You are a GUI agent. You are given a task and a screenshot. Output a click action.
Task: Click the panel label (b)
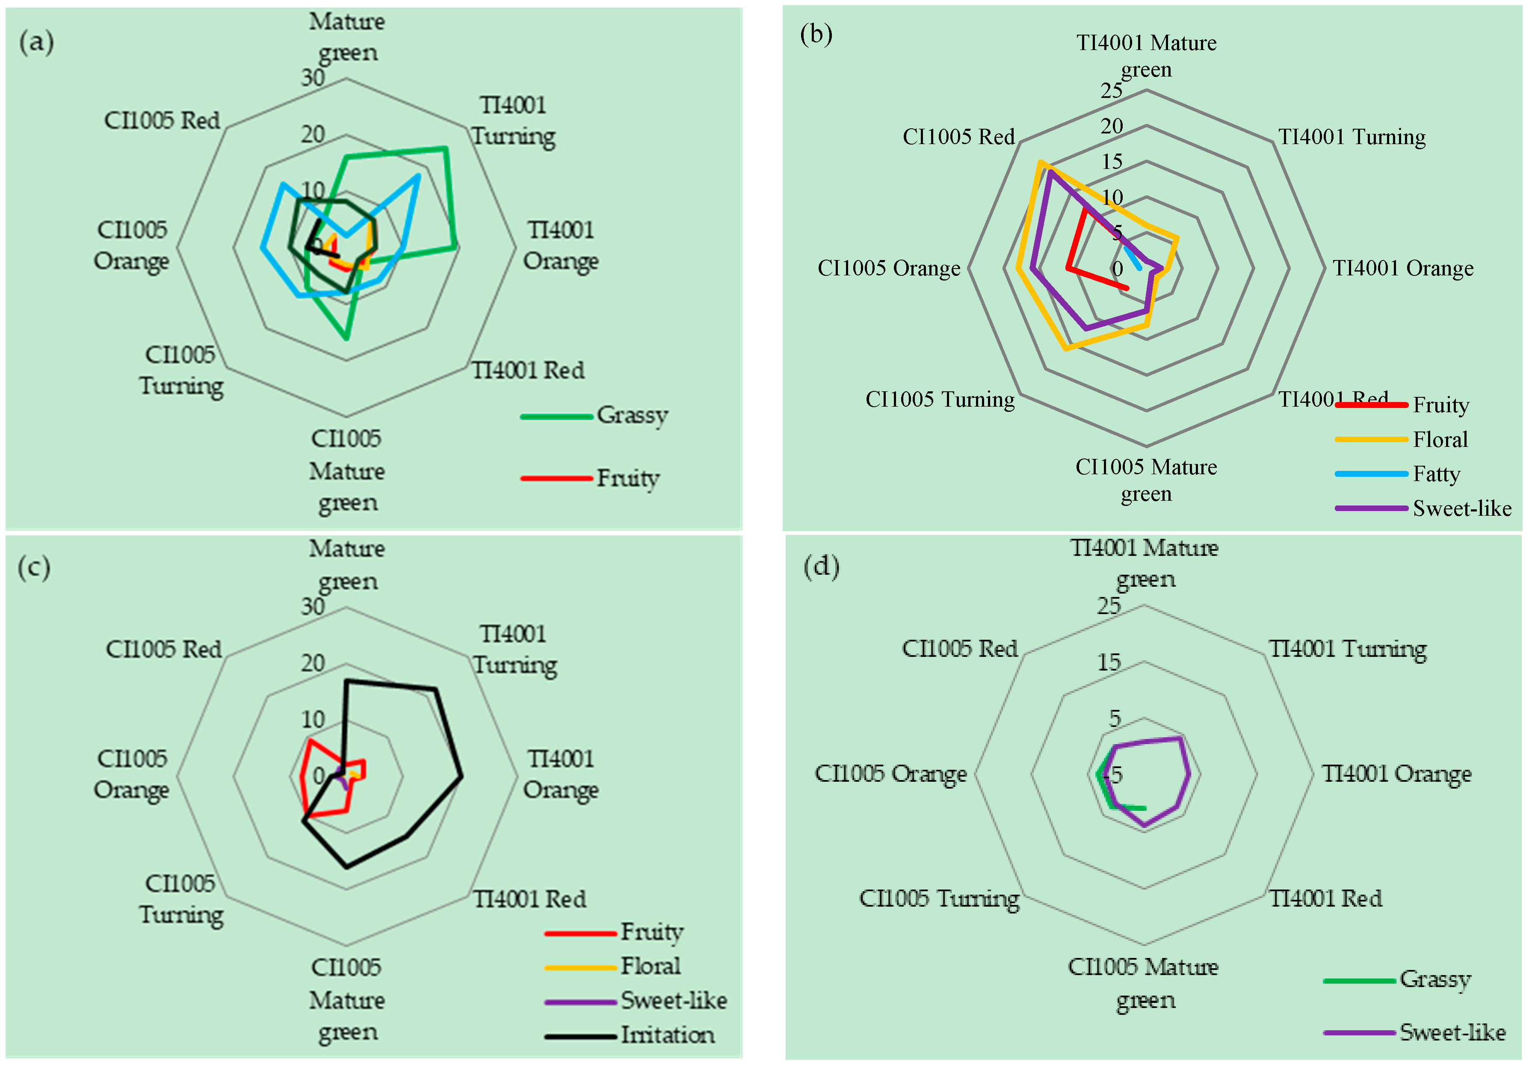816,33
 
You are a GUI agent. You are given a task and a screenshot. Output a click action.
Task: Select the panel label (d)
821,566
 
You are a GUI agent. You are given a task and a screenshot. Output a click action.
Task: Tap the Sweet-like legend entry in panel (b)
1461,508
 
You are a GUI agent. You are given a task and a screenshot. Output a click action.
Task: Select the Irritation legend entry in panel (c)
667,1035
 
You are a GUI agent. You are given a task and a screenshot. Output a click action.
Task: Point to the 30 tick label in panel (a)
312,78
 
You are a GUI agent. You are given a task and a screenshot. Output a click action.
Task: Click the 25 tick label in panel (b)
1112,90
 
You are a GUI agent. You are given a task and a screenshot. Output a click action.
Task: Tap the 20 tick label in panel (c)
312,663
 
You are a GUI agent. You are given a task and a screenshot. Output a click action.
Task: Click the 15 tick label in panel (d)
1109,662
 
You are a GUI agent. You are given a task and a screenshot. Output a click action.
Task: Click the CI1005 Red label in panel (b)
958,137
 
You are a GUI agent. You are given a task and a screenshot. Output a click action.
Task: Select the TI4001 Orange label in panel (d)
1396,774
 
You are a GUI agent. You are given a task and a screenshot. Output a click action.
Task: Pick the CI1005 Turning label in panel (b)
940,399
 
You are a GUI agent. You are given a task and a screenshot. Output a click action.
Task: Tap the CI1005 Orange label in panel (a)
131,245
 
